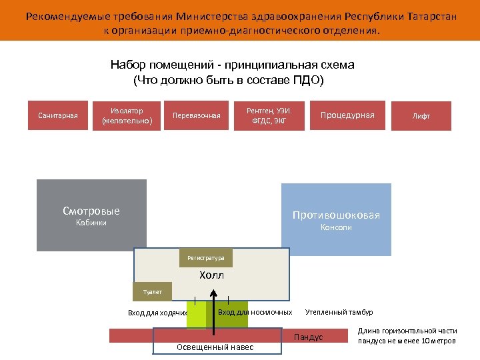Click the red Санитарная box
pos(57,115)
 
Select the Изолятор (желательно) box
pos(127,115)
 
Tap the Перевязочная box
pos(196,115)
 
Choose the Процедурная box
pos(347,115)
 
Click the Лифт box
pos(421,115)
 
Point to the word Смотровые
pos(91,211)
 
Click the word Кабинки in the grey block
pos(91,223)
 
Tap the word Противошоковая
pos(336,215)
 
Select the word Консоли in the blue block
pos(336,227)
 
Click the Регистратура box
pos(206,257)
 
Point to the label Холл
pos(212,275)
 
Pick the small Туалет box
pos(153,291)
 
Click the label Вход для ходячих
pos(157,313)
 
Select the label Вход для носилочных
pos(255,312)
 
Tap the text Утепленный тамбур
pos(339,312)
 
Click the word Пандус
pos(308,337)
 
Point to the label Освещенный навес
pos(215,347)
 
